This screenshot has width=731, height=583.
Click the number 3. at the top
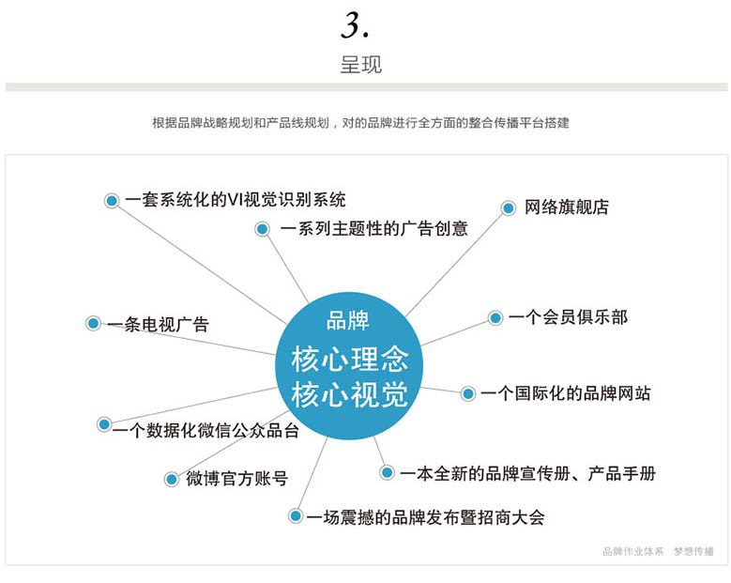(355, 25)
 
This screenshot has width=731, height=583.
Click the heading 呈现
(361, 66)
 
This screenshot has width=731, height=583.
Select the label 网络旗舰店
(567, 207)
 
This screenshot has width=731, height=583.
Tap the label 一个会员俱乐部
(568, 317)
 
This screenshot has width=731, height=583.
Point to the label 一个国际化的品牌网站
(565, 393)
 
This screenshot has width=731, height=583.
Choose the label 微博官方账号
(236, 479)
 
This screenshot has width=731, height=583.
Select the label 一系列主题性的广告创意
(373, 228)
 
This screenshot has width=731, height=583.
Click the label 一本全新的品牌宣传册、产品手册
(527, 473)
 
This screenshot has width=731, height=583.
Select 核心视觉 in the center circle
(349, 395)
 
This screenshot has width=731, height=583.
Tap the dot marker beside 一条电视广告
(93, 324)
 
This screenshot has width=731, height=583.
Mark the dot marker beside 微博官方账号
(172, 480)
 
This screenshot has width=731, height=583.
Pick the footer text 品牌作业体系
(632, 551)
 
